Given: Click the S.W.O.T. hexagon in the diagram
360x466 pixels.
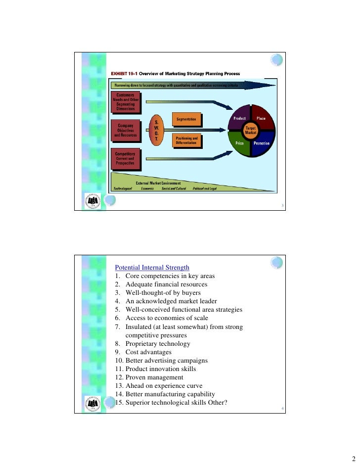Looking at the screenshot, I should pyautogui.click(x=156, y=131).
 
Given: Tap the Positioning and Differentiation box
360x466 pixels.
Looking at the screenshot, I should pyautogui.click(x=187, y=140).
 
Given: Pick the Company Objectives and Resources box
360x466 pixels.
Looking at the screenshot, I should pyautogui.click(x=126, y=130).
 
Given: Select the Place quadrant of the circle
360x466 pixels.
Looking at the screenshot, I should pyautogui.click(x=262, y=119).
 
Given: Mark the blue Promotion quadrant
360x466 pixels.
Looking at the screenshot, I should pyautogui.click(x=262, y=143).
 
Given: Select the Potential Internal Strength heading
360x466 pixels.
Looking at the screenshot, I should pyautogui.click(x=152, y=268).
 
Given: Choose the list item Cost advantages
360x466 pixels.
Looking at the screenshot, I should pyautogui.click(x=148, y=352).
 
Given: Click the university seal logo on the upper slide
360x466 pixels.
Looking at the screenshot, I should pyautogui.click(x=92, y=200).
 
